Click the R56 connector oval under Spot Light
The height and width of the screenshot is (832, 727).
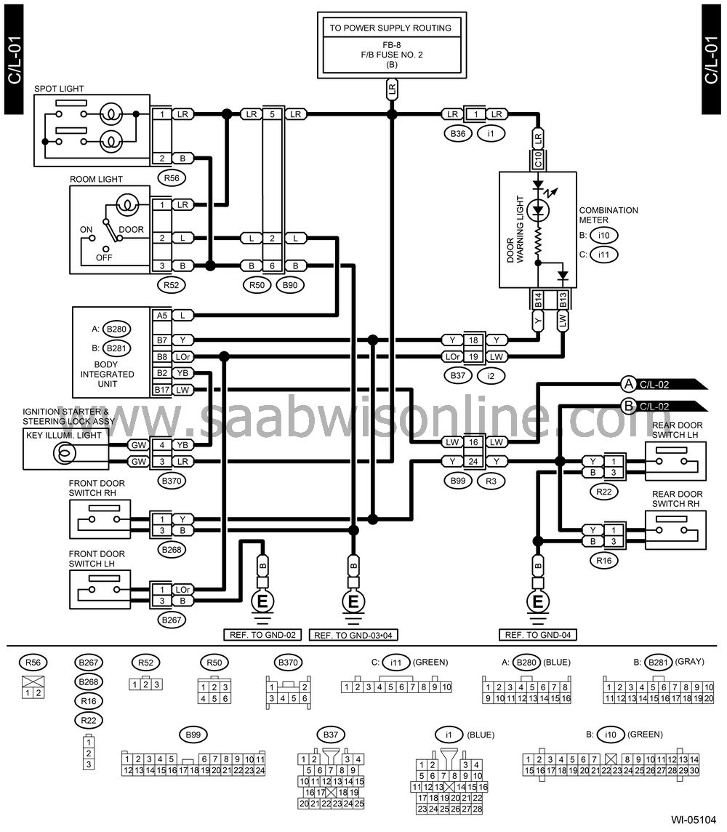coord(172,177)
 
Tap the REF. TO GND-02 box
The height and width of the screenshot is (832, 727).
coord(262,635)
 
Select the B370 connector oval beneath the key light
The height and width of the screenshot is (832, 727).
coord(172,481)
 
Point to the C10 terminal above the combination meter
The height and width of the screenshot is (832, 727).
coord(538,159)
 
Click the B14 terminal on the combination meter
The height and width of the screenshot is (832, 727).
coord(538,300)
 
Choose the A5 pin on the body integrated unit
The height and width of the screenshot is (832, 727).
coord(161,315)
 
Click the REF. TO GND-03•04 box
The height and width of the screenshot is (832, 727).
coord(353,635)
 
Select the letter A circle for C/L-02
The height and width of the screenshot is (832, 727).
coord(628,384)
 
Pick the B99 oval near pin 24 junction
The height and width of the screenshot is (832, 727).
coord(457,481)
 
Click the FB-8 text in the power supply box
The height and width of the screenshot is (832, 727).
coord(391,45)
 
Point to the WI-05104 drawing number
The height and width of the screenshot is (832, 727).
coord(693,819)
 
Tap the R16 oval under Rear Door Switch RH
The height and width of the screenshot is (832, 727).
coord(604,560)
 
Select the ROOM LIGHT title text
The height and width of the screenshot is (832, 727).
coord(96,180)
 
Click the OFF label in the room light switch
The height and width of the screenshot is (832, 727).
coord(104,257)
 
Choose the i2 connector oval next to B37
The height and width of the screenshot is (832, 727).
coord(491,376)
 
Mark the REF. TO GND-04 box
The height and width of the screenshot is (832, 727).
coord(538,635)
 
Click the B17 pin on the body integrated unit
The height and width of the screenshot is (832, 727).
coord(161,390)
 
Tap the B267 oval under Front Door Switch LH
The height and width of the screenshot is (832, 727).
coord(172,620)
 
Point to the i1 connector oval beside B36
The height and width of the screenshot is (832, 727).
coord(491,134)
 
